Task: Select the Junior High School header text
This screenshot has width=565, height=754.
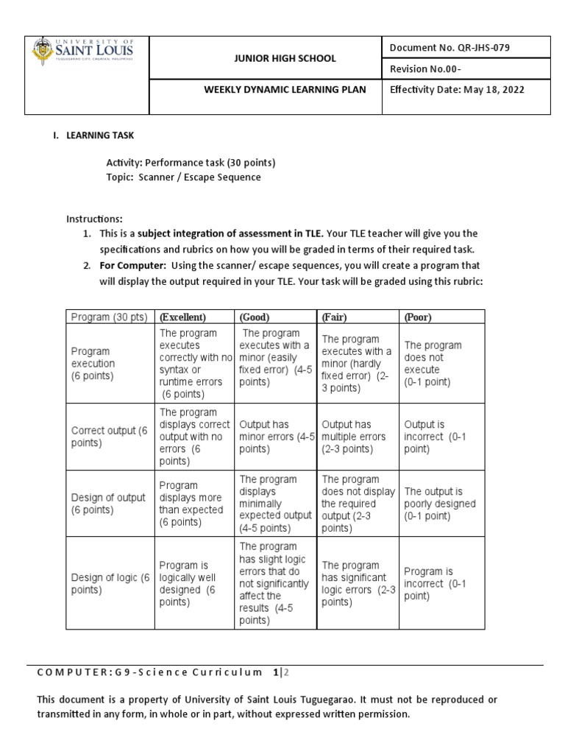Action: tap(275, 58)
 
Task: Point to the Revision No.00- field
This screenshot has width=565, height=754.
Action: tap(428, 68)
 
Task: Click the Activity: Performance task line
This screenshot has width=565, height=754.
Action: tap(191, 162)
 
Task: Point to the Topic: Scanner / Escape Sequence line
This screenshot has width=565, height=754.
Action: tap(183, 177)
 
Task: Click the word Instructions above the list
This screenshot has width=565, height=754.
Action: tap(94, 219)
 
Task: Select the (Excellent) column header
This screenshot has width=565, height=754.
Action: tap(183, 317)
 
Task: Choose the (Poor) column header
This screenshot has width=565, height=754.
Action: tap(418, 317)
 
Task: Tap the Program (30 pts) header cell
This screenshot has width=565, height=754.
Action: tap(109, 317)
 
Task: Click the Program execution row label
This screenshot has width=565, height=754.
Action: tap(93, 363)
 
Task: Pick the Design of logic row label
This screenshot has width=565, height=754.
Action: tap(110, 584)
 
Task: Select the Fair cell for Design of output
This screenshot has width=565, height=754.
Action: tap(358, 504)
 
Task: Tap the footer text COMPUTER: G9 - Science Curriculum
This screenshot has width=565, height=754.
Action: tap(149, 672)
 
